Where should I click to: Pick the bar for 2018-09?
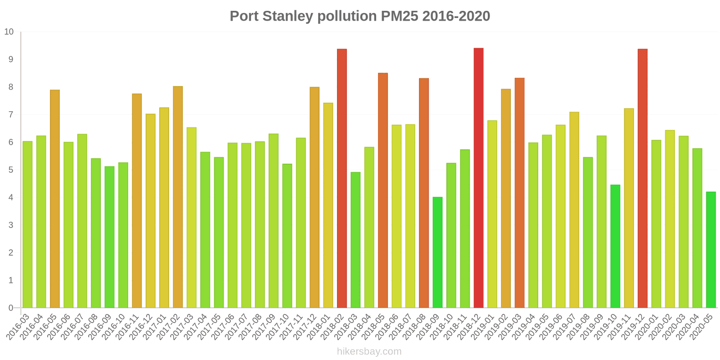pyautogui.click(x=437, y=252)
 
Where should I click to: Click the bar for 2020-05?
pyautogui.click(x=711, y=250)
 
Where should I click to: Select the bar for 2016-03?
pyautogui.click(x=27, y=225)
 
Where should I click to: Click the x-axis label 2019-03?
pyautogui.click(x=512, y=328)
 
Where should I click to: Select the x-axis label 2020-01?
pyautogui.click(x=648, y=328)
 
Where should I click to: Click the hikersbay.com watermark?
pyautogui.click(x=369, y=351)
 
